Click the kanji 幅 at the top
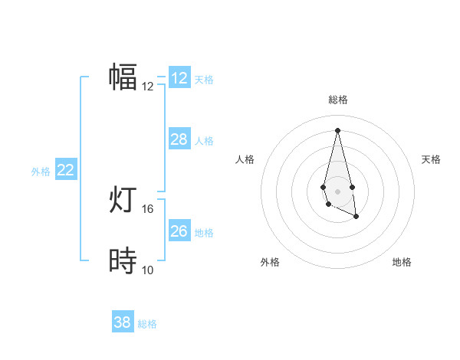tap(123, 77)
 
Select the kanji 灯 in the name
tap(123, 201)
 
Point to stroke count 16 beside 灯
tap(148, 208)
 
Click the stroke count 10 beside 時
tap(148, 270)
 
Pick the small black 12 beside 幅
tap(148, 86)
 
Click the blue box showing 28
tap(179, 139)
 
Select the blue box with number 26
tap(179, 231)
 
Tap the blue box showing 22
tap(65, 170)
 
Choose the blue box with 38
tap(122, 322)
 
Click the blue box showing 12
tap(179, 77)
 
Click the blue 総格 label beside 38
tap(147, 324)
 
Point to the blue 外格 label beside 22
tap(41, 172)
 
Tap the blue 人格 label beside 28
tap(204, 140)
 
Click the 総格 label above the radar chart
tap(337, 100)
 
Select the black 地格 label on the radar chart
tap(402, 262)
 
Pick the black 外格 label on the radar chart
tap(270, 262)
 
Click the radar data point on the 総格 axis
tap(337, 129)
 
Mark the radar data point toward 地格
tap(356, 217)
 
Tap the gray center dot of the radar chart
tap(337, 190)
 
